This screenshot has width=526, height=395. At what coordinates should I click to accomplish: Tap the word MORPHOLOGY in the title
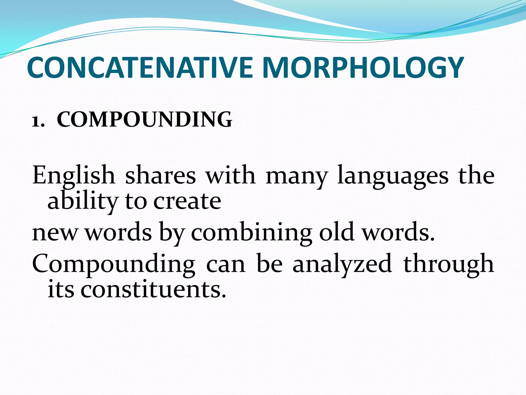[363, 67]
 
